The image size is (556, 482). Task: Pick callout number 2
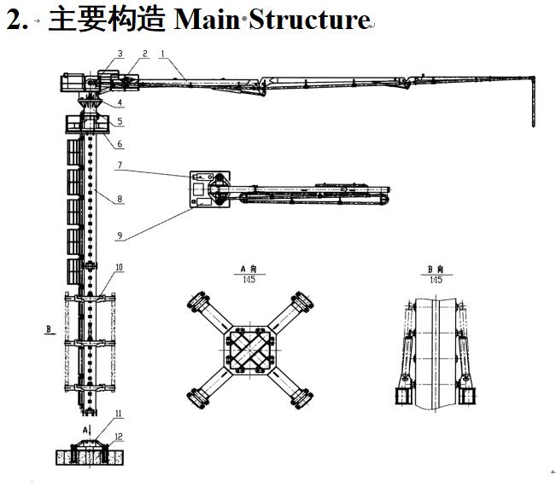point(144,54)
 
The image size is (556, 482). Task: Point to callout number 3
point(120,54)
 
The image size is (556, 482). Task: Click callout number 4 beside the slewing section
point(120,103)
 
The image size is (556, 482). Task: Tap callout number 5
point(120,122)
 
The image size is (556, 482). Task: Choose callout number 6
point(120,144)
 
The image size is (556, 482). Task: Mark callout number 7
point(120,165)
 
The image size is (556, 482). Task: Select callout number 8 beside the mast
point(120,199)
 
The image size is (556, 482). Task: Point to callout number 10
point(120,267)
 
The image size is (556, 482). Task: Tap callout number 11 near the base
point(119,414)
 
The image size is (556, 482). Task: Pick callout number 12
point(119,436)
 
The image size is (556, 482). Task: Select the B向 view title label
point(436,270)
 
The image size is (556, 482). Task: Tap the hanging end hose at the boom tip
point(534,102)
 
